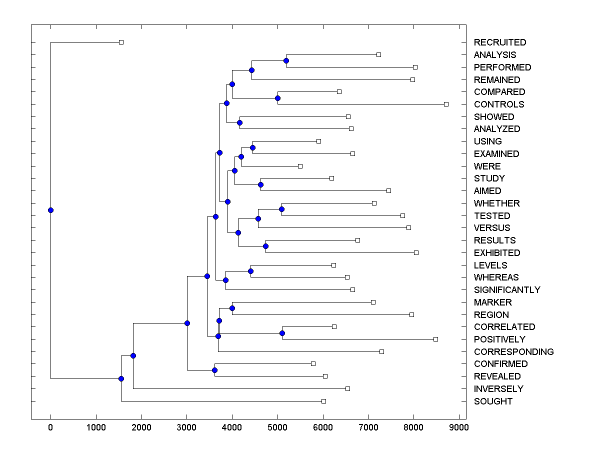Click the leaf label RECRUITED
500,42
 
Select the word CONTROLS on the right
499,104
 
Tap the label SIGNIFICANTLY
507,290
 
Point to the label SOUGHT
493,401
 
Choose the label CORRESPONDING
513,352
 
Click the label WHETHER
496,203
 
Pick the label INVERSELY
498,389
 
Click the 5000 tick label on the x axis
277,427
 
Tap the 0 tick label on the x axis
50,427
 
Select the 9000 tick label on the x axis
459,427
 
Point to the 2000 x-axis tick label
141,427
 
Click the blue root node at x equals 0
50,210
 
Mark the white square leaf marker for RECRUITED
121,42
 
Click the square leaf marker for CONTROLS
446,104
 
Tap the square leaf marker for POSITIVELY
435,339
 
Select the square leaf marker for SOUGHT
323,401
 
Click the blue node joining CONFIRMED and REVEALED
214,370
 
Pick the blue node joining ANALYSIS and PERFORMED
286,61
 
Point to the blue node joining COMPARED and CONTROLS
278,98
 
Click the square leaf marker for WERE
300,166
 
